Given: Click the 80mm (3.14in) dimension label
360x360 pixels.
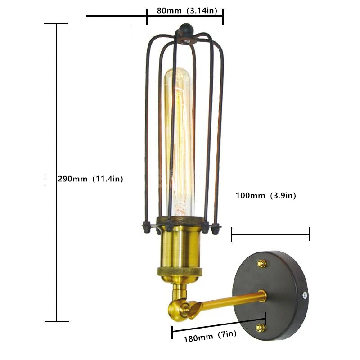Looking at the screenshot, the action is point(187,10).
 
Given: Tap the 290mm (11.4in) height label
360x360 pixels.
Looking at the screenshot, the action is point(90,179).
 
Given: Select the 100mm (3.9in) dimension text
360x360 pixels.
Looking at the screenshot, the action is point(266,196).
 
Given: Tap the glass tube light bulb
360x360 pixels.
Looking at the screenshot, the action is point(179,142).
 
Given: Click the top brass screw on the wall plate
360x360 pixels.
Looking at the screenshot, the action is point(262,264).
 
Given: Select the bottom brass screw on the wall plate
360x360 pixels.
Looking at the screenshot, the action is point(261,328).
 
